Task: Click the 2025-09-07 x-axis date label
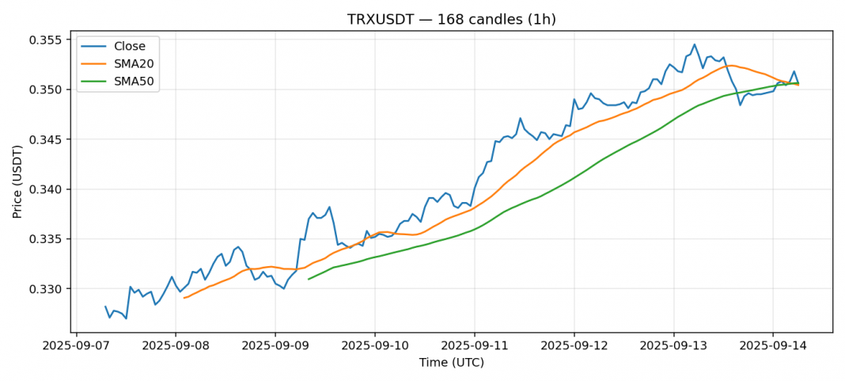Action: (x=76, y=346)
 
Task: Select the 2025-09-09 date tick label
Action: (x=275, y=346)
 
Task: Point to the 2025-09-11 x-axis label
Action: (x=475, y=346)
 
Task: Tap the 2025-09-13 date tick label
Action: (x=673, y=346)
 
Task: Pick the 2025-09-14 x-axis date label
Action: (x=773, y=346)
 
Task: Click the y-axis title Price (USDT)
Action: (x=17, y=181)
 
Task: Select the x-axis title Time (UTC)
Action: (x=451, y=363)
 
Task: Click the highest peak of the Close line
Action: (x=695, y=44)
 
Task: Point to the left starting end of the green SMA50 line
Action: (x=309, y=279)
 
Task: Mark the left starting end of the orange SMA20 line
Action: (x=184, y=298)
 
